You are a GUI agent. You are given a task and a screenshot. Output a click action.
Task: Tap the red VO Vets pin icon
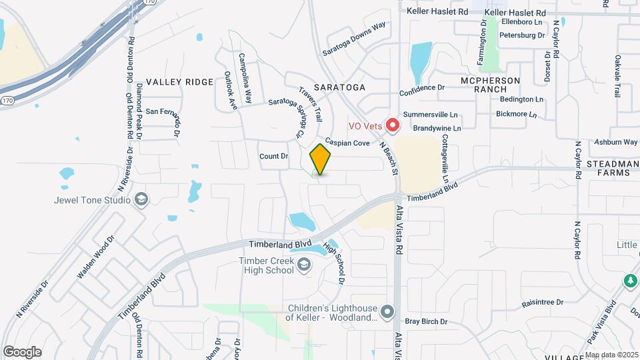(x=393, y=125)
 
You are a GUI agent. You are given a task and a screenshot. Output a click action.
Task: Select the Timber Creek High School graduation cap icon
(x=304, y=265)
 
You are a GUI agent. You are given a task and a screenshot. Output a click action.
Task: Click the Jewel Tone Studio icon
(x=141, y=199)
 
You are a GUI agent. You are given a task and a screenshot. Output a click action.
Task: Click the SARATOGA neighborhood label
(x=339, y=87)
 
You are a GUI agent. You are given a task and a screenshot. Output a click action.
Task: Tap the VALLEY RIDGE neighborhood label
(x=179, y=82)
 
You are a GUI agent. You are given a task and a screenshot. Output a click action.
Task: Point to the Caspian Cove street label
(x=348, y=143)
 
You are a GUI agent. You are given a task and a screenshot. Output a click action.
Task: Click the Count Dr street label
(x=273, y=157)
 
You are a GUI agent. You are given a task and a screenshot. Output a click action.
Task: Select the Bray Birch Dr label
(x=426, y=322)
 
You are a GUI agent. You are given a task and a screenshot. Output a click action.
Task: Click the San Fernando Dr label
(x=163, y=112)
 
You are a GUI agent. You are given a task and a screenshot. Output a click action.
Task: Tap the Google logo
(x=22, y=351)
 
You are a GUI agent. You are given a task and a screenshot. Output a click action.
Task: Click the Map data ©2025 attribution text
(x=612, y=355)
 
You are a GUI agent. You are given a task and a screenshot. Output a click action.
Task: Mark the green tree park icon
(x=628, y=281)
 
